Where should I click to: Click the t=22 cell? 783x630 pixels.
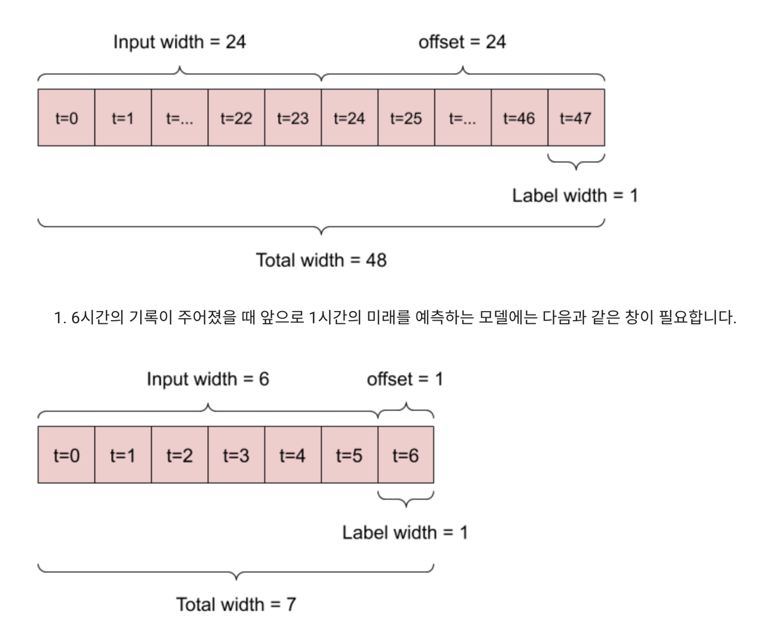tap(236, 118)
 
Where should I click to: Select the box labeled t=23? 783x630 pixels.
tap(293, 118)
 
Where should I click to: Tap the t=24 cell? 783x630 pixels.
tap(349, 118)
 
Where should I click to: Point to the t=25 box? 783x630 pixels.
tap(406, 118)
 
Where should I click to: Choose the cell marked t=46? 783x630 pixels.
tap(519, 118)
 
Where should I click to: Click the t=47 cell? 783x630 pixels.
tap(576, 118)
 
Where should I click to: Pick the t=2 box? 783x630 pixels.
tap(179, 455)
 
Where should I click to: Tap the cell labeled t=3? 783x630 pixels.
tap(236, 455)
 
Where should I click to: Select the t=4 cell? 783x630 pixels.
tap(292, 455)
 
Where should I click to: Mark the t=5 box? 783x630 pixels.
tap(349, 455)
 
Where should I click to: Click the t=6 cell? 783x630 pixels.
tap(406, 455)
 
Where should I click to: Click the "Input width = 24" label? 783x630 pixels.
tap(180, 42)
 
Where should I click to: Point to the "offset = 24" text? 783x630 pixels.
tap(462, 42)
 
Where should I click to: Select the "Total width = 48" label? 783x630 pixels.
tap(321, 260)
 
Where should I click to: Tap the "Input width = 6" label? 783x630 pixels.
tap(208, 379)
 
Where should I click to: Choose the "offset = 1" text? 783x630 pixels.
tap(405, 379)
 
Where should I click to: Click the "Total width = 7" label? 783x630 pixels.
tap(236, 605)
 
